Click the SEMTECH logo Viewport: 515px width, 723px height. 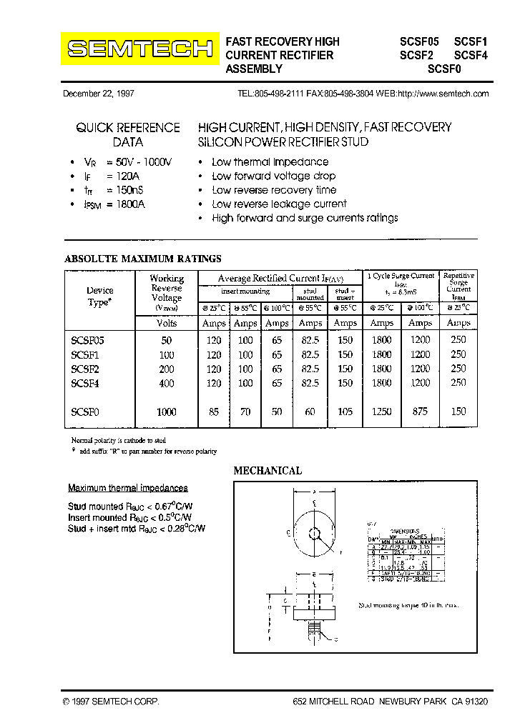[x=139, y=49]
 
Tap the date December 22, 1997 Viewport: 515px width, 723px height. [x=99, y=94]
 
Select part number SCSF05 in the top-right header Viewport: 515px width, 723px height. [x=420, y=41]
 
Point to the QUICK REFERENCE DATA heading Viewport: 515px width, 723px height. [x=128, y=134]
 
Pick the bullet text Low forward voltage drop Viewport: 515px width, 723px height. [x=273, y=176]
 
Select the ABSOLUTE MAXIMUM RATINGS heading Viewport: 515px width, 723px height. [x=143, y=259]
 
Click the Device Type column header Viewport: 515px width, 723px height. [x=99, y=296]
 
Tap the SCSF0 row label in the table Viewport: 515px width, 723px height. [x=85, y=412]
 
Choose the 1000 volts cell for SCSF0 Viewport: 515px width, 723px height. [x=167, y=412]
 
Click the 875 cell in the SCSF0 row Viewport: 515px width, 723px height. [x=420, y=412]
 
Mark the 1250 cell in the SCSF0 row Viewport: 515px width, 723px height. [x=382, y=412]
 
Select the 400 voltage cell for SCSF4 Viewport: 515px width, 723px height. [x=167, y=383]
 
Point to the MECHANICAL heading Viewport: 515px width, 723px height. [x=268, y=471]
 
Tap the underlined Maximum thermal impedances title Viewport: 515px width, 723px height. [x=128, y=488]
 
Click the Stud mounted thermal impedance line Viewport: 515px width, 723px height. [x=130, y=506]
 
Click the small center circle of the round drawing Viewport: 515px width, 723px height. [x=314, y=532]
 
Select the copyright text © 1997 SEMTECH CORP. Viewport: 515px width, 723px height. [x=111, y=702]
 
